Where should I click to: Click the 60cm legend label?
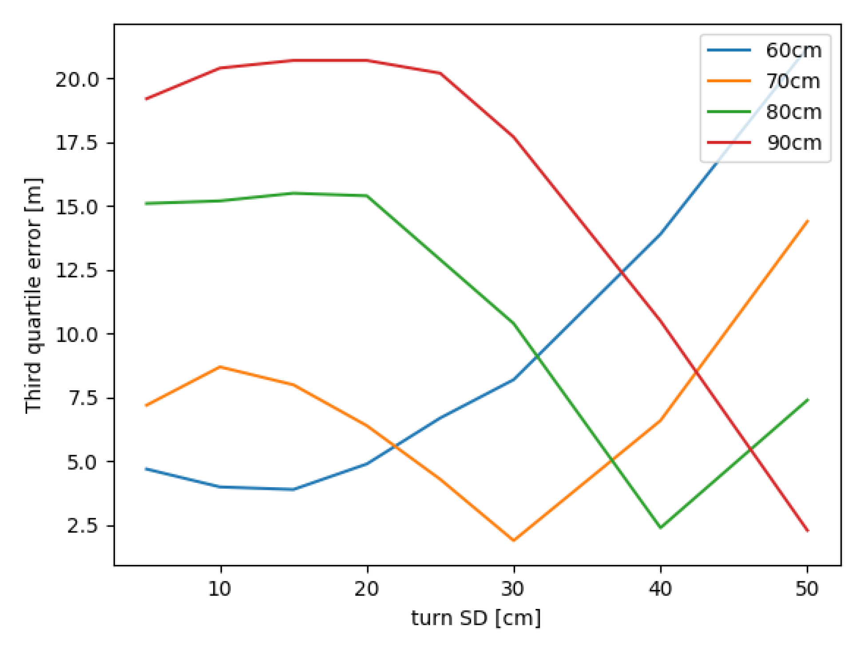(793, 50)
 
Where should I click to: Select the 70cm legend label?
(793, 81)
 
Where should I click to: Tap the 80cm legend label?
(793, 112)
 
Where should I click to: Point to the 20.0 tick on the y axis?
(76, 80)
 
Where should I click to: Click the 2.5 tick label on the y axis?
(82, 526)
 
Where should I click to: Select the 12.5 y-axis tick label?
(76, 271)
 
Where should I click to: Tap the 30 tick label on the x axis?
(514, 589)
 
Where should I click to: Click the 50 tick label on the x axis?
(807, 589)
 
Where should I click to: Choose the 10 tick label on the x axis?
(220, 589)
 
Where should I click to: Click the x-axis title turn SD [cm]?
(476, 618)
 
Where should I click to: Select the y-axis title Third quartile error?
(33, 296)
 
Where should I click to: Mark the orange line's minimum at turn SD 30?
(514, 540)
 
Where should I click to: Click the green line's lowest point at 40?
(661, 528)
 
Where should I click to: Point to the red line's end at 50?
(807, 530)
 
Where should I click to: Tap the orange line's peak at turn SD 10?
(221, 367)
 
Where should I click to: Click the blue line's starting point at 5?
(147, 469)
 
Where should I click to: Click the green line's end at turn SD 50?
(807, 400)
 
